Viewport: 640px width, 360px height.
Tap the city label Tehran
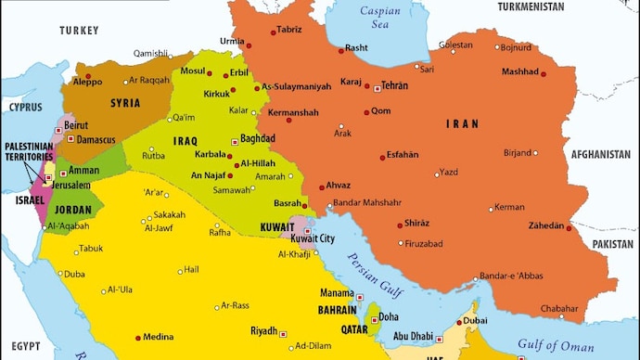(x=394, y=85)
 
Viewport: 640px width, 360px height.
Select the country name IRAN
(x=463, y=123)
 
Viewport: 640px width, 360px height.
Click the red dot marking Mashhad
(x=544, y=74)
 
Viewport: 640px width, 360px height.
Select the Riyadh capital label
(x=264, y=331)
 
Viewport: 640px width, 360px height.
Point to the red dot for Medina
(x=140, y=337)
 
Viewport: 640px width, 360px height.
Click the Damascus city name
(x=96, y=140)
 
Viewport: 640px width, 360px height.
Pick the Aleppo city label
(x=87, y=82)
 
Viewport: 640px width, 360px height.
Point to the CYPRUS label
(x=27, y=107)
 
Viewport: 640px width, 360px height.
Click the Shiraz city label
(x=417, y=224)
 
